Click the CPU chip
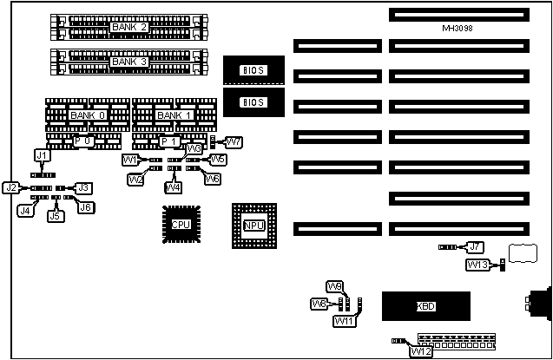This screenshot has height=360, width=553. coord(181,225)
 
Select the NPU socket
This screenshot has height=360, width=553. coord(253,226)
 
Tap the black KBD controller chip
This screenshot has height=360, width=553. coord(425,306)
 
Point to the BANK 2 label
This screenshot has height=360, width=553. coord(129,28)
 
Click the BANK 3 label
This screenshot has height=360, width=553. coord(129,63)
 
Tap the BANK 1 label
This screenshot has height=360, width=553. coord(173,115)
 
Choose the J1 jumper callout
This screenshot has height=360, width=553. coord(41,154)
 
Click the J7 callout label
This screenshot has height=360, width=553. coord(474,247)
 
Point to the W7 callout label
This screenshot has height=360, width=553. coord(233,141)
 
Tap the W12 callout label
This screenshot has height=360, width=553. coord(421,351)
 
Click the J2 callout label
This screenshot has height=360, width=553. coord(11,187)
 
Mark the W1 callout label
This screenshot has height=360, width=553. coord(129,160)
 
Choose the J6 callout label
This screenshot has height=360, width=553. coord(84,206)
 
